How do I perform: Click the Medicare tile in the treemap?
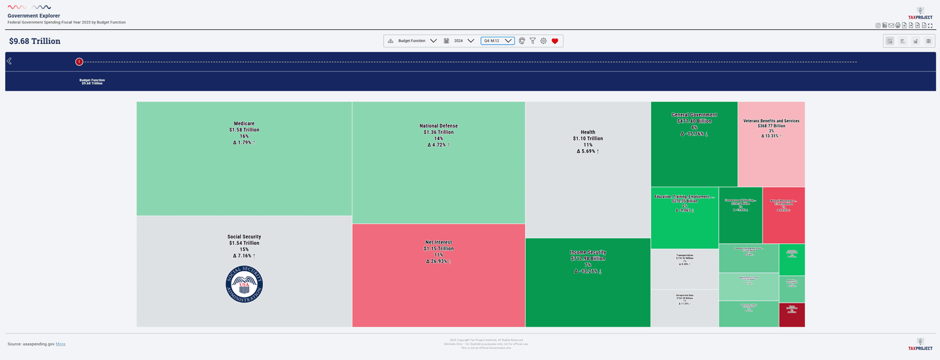(x=244, y=159)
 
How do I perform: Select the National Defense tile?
(x=438, y=163)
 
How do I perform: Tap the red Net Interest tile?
(x=438, y=275)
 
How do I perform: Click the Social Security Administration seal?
(x=244, y=284)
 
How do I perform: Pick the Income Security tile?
(x=587, y=282)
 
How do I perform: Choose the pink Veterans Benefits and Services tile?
(x=771, y=144)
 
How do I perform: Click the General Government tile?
(x=694, y=144)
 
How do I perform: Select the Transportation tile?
(x=684, y=268)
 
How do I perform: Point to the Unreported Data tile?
(x=684, y=308)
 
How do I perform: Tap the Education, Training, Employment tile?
(x=684, y=218)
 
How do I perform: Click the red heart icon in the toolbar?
(x=555, y=41)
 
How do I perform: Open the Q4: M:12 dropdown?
(x=497, y=41)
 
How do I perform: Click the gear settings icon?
(x=543, y=41)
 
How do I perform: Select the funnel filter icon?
(x=533, y=41)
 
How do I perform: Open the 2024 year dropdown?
(x=463, y=41)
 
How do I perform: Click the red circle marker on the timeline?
(x=79, y=62)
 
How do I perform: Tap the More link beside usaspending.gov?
(x=61, y=344)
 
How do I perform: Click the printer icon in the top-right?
(x=898, y=26)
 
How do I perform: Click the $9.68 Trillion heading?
(x=35, y=41)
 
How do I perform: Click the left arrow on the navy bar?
(x=9, y=61)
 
